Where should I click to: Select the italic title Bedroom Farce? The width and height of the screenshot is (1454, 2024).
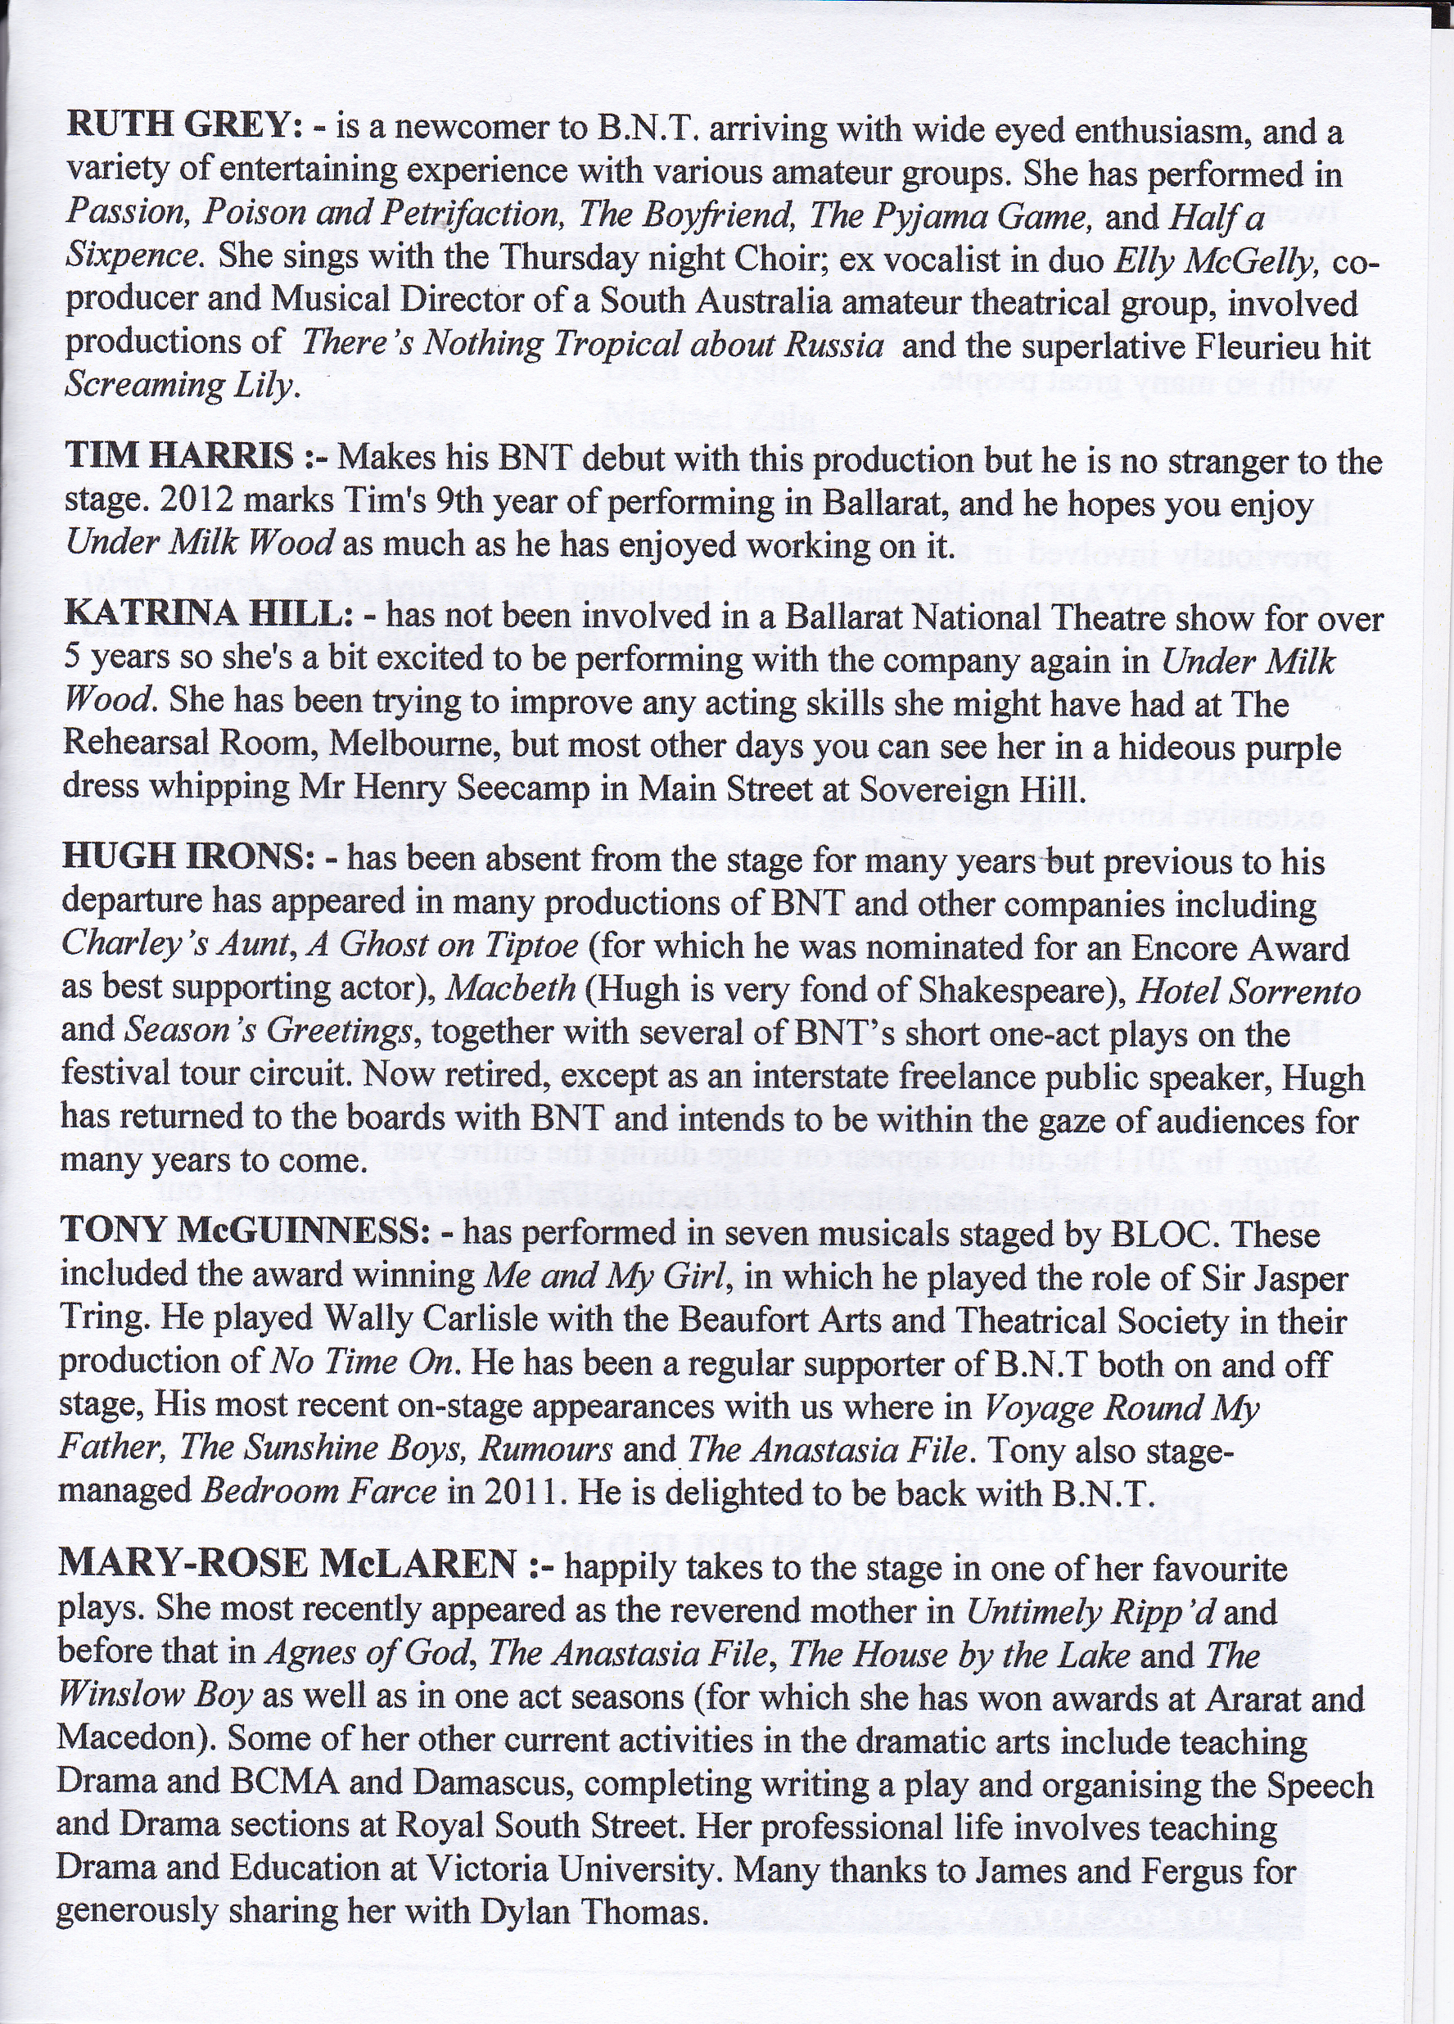click(319, 1490)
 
